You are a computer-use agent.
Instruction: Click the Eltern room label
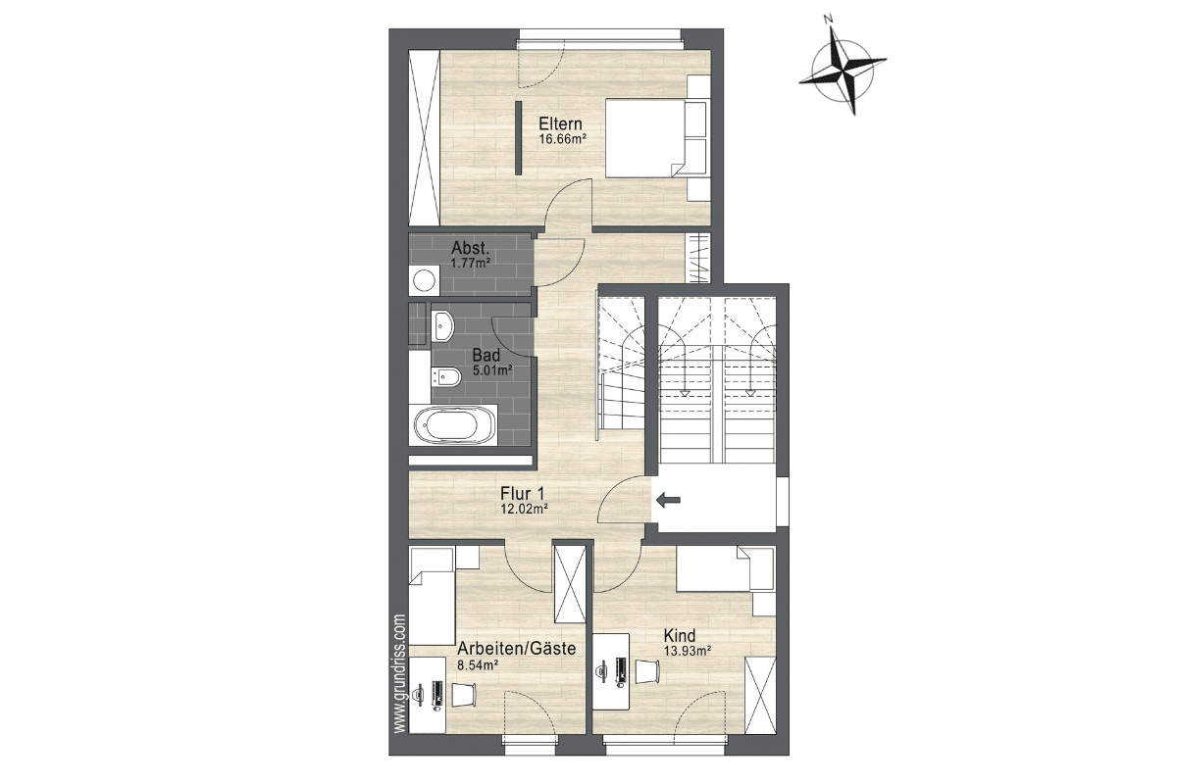561,123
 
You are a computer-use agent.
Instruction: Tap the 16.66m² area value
562,139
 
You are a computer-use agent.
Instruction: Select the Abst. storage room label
470,247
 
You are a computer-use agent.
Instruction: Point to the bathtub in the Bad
455,424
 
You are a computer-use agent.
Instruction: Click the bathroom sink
444,325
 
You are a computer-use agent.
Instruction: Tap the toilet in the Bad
445,376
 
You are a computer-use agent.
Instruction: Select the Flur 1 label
522,494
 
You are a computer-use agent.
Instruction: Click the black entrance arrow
668,501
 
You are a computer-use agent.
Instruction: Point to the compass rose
843,71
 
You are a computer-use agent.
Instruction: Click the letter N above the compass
829,20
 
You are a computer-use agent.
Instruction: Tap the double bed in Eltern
656,138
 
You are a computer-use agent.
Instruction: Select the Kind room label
680,636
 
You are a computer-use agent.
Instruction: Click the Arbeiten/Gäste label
517,649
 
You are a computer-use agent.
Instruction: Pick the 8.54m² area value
478,665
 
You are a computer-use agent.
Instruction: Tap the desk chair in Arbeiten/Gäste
464,695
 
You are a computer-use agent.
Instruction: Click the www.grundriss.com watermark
400,673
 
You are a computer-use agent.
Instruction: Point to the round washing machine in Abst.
423,281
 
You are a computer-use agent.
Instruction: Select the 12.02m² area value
525,509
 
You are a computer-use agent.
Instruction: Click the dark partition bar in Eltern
150,137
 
